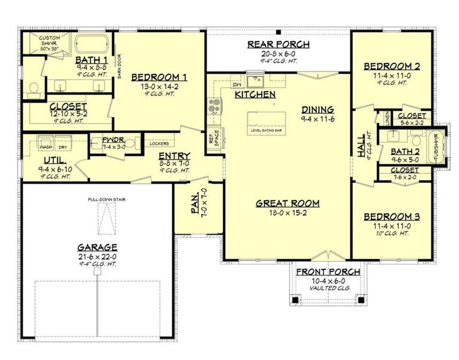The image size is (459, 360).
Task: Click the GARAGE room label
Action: coord(97,247)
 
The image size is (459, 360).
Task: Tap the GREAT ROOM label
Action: coord(287,203)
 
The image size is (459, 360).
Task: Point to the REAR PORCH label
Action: coord(278,44)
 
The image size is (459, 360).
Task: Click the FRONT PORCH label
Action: coord(328,272)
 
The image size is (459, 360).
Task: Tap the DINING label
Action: coord(317,109)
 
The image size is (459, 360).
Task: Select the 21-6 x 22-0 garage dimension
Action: coord(97,256)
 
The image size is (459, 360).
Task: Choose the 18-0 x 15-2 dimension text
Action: coord(287,213)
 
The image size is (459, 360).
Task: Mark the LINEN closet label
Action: coord(388,118)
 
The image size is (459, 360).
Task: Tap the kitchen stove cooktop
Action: coord(213,107)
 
